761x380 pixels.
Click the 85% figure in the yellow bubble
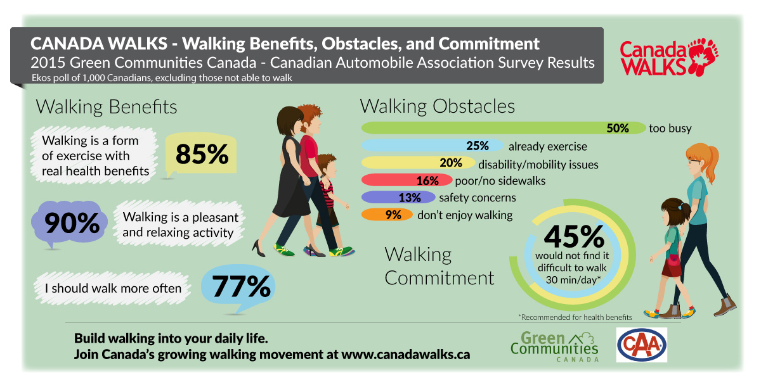(x=202, y=155)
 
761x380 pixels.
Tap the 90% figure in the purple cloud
(x=72, y=223)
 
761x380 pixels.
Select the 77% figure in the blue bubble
(x=241, y=287)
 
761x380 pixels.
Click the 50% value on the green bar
(x=617, y=128)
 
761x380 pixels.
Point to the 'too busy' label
(x=670, y=129)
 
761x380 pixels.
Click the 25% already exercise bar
(x=431, y=146)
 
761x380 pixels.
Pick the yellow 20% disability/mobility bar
(x=419, y=163)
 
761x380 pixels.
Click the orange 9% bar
(x=385, y=215)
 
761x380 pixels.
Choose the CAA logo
(x=641, y=345)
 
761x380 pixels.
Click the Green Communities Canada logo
(x=554, y=346)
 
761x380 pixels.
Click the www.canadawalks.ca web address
(x=405, y=354)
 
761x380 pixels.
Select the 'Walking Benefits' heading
(x=107, y=106)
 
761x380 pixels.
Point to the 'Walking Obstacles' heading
(x=437, y=105)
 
